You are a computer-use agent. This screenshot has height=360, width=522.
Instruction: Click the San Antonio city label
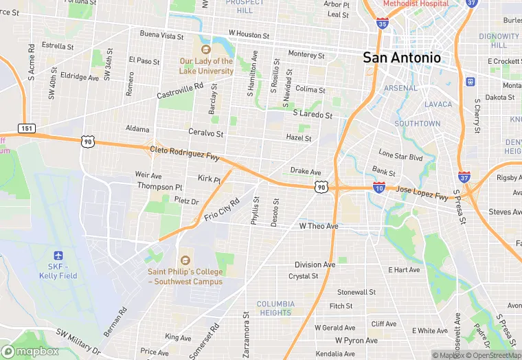click(x=402, y=58)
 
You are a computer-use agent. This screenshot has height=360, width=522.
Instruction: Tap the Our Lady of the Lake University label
click(x=206, y=66)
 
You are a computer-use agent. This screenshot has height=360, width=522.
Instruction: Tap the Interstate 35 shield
click(x=382, y=23)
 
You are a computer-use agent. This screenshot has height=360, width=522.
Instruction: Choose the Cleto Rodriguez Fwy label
click(x=184, y=153)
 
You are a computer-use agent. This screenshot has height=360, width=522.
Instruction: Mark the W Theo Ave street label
click(x=319, y=226)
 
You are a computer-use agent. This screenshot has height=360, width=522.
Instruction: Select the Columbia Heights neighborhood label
click(x=275, y=308)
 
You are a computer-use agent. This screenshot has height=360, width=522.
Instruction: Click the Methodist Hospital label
click(x=416, y=3)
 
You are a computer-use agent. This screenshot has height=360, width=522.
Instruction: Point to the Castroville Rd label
click(x=181, y=91)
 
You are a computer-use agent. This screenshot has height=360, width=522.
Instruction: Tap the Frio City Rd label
click(x=222, y=209)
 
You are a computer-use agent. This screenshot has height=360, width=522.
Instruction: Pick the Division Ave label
click(x=315, y=265)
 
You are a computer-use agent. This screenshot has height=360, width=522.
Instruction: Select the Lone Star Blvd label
click(x=400, y=156)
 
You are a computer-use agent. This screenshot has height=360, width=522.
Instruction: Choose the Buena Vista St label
click(x=161, y=34)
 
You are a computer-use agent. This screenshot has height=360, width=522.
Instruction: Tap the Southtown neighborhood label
click(x=418, y=124)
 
